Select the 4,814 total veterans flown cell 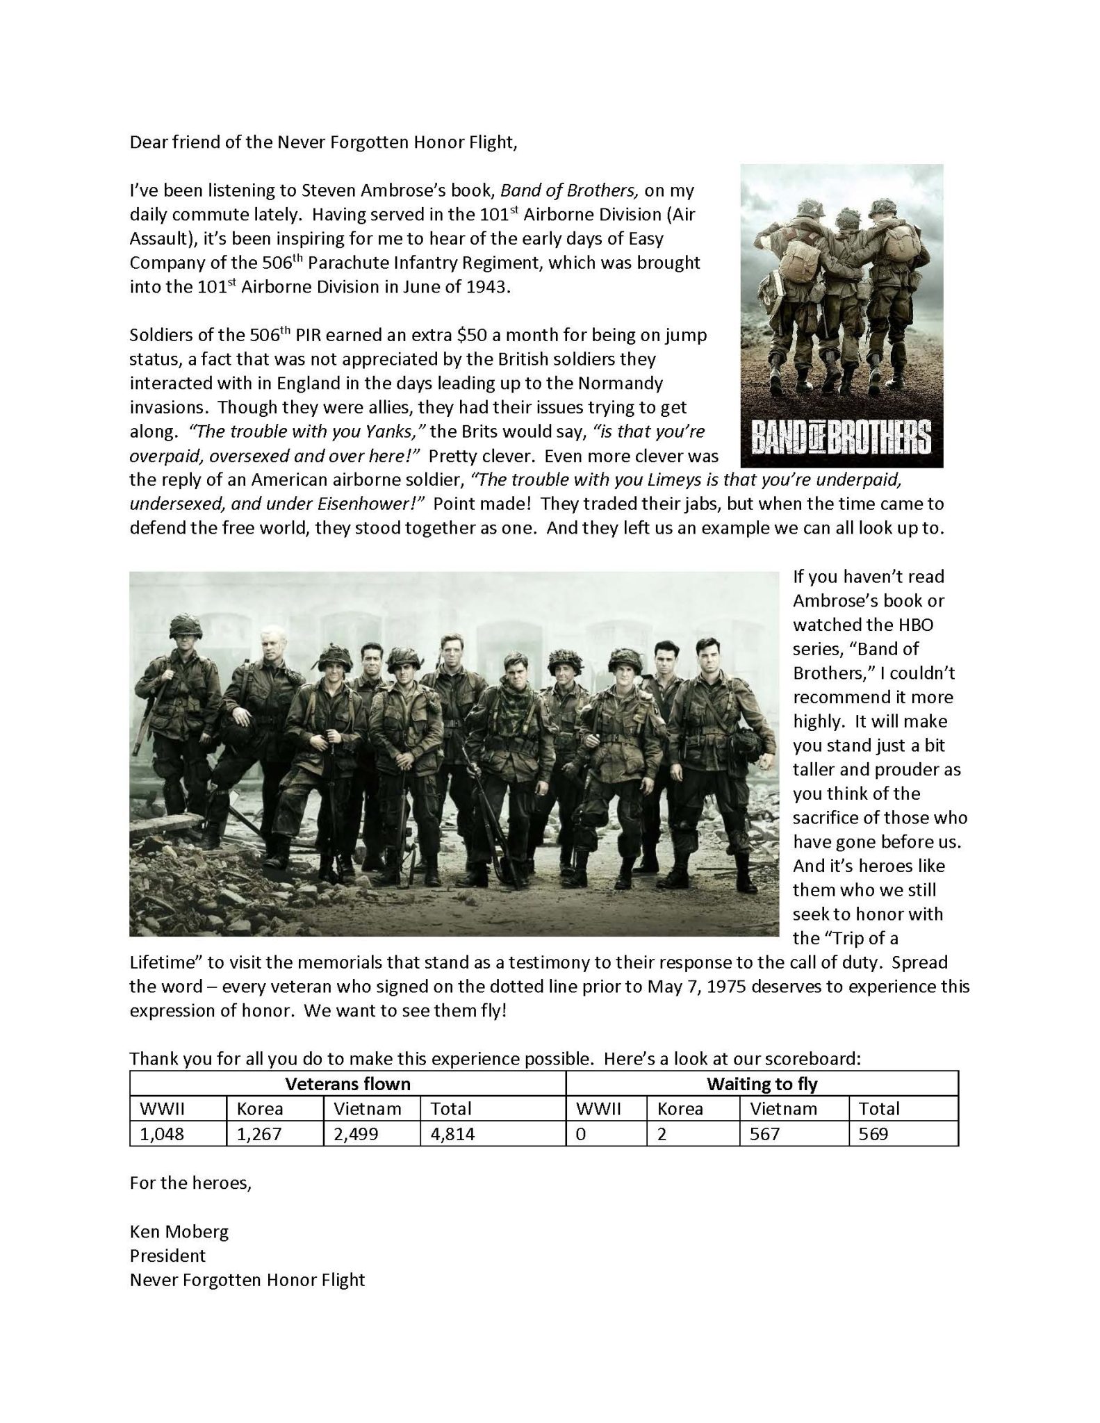[x=452, y=1135]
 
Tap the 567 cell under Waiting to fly [x=764, y=1135]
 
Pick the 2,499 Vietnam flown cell [x=356, y=1135]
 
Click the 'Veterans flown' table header [x=348, y=1084]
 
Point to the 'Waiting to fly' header [x=762, y=1084]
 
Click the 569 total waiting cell [x=873, y=1135]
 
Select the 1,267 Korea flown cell [x=259, y=1135]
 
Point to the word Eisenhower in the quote [x=366, y=504]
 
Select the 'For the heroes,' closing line [x=190, y=1183]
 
